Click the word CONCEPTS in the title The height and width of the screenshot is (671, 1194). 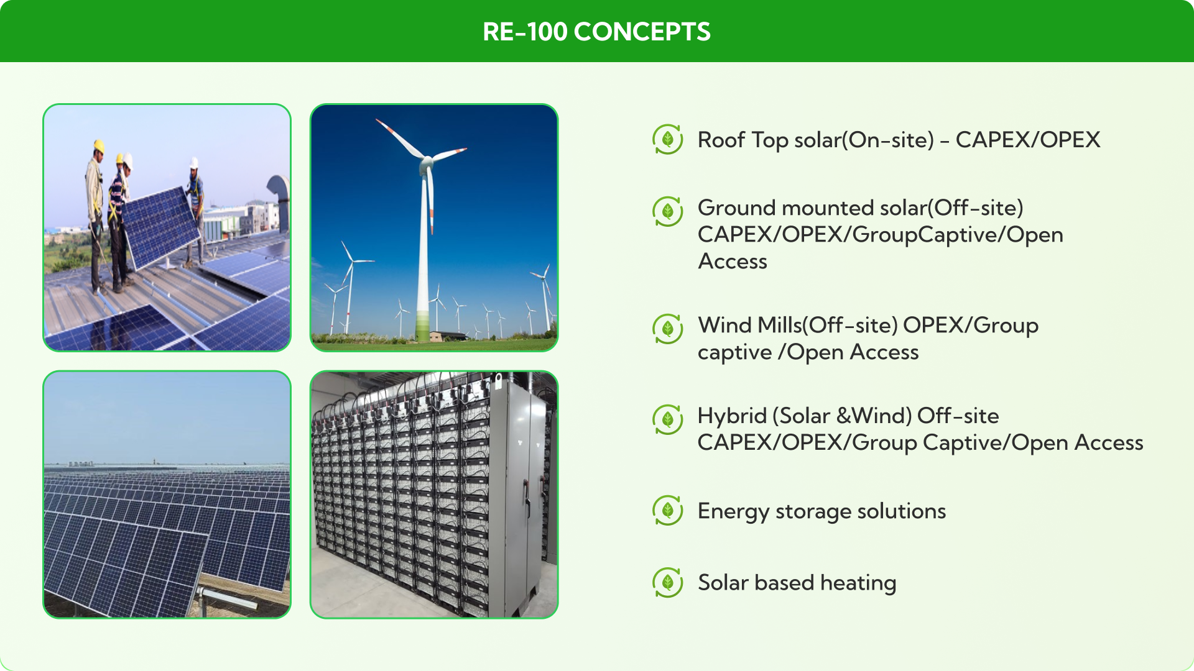[x=642, y=32]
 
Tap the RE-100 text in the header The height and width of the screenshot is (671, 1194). [x=525, y=32]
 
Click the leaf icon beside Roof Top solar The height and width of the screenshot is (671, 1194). [x=668, y=139]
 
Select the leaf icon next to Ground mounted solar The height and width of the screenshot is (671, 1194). [x=668, y=211]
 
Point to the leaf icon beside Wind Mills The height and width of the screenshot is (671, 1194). [x=668, y=329]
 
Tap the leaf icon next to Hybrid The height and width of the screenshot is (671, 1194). [x=668, y=419]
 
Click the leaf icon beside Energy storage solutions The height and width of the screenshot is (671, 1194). [x=668, y=511]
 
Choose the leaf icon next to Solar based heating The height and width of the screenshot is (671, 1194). [x=668, y=582]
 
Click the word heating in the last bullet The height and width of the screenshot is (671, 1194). [x=858, y=583]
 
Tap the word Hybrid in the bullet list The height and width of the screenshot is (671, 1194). [x=732, y=416]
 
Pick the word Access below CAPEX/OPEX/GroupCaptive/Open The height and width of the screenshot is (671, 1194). [x=733, y=262]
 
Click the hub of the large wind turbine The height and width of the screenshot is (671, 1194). [x=427, y=163]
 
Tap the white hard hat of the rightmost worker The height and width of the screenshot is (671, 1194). [x=194, y=162]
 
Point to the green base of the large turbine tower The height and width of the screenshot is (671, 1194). [x=422, y=326]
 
